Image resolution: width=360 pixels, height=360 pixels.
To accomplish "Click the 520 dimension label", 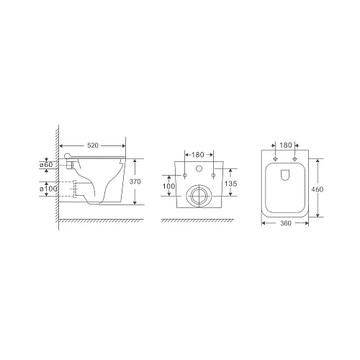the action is (93, 145).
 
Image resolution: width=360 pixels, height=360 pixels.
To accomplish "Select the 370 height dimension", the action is (135, 181).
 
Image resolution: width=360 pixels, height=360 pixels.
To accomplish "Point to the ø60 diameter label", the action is (46, 165).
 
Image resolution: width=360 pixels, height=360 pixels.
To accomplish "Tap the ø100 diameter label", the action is (48, 189).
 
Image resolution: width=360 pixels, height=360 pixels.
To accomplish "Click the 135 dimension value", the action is (230, 184).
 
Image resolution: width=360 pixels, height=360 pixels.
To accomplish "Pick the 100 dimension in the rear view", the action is (169, 186).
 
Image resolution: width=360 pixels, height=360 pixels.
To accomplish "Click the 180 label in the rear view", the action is (198, 155).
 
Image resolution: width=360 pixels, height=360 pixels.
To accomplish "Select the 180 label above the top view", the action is (286, 145).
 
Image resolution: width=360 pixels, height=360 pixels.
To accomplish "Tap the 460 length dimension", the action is (318, 189).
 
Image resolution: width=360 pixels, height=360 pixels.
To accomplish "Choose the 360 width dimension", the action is (286, 223).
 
